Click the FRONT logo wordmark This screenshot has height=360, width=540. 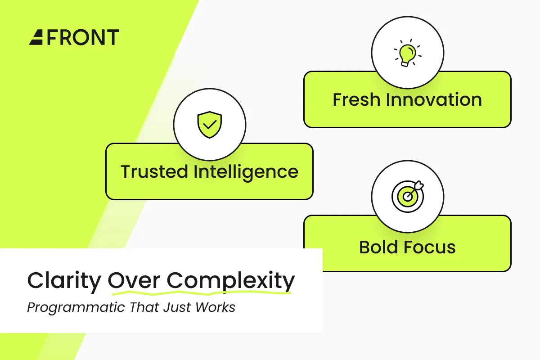coord(83,37)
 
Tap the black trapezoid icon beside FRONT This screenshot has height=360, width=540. coord(36,37)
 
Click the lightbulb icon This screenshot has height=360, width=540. coord(407,53)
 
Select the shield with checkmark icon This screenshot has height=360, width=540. coord(210,125)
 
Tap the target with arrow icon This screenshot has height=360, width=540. coord(408,196)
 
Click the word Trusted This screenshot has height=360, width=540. coord(154,172)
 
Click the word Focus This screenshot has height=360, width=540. coord(430,247)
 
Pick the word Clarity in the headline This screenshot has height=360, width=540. coord(64,281)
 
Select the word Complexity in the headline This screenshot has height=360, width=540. coord(231,281)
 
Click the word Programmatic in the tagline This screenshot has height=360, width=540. coord(76,308)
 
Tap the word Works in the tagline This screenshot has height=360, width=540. coord(215,307)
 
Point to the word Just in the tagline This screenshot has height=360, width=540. coord(177,307)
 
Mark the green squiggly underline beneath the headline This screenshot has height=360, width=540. coord(202,293)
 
